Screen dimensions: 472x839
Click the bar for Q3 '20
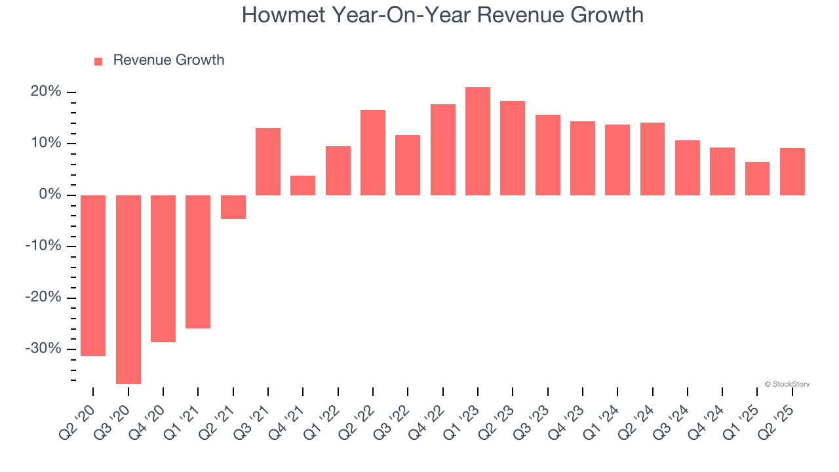128,289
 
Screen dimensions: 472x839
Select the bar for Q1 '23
478,141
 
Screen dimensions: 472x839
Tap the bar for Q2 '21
233,207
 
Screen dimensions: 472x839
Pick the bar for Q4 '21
303,186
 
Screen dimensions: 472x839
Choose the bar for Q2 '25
792,172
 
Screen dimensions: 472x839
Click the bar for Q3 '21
268,161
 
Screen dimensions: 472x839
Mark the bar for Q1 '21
198,262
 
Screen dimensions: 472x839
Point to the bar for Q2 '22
373,153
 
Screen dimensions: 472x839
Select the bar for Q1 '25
757,178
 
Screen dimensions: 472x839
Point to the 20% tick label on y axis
46,92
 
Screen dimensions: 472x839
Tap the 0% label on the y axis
50,195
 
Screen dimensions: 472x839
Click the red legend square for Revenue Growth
98,61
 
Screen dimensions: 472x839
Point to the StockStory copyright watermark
787,384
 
